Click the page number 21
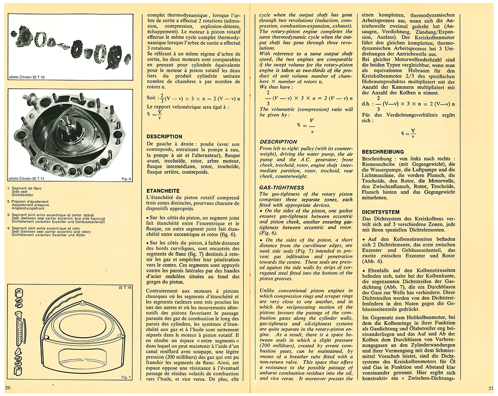(491, 388)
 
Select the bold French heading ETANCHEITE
(163, 190)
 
